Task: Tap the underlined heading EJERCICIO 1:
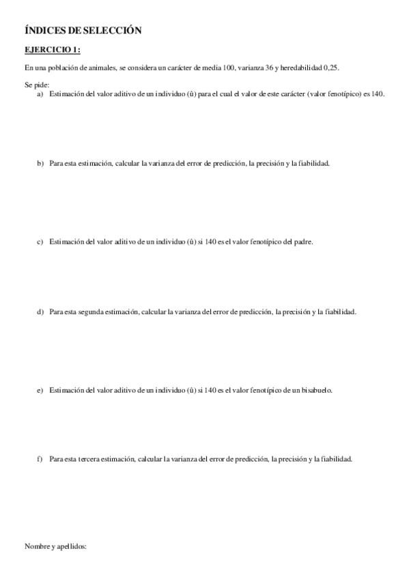53,50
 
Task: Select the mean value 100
229,68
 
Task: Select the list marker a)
40,94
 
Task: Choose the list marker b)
40,164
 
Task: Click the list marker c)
40,242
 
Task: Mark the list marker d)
40,312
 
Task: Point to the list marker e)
40,390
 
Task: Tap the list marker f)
40,460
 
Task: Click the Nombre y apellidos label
56,546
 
